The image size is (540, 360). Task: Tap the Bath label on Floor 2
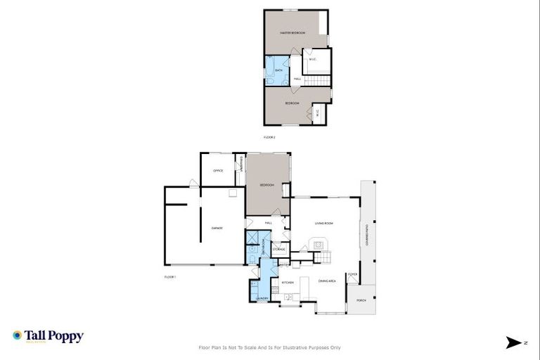278,70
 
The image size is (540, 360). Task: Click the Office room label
218,171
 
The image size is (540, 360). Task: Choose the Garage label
217,228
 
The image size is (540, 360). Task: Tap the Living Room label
323,223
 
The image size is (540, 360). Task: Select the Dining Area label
327,281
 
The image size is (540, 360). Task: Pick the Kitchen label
288,282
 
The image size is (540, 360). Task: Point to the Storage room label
279,250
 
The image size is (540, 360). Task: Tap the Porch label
361,300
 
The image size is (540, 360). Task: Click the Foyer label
353,274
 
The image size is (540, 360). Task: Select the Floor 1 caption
169,277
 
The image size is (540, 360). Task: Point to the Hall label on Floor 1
268,223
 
